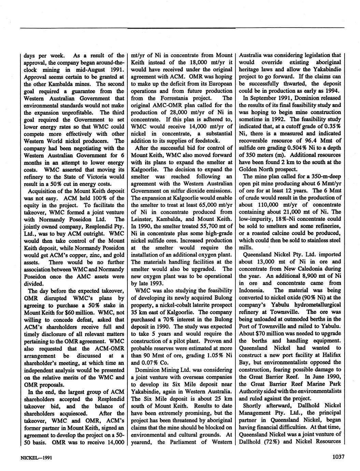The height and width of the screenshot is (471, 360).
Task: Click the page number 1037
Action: (x=337, y=457)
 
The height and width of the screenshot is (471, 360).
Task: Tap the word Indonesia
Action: (x=251, y=290)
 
